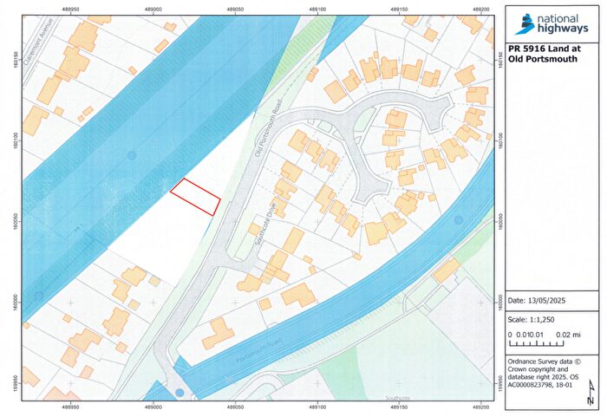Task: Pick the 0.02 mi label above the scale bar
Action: [567, 334]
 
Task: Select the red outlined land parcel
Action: [194, 197]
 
